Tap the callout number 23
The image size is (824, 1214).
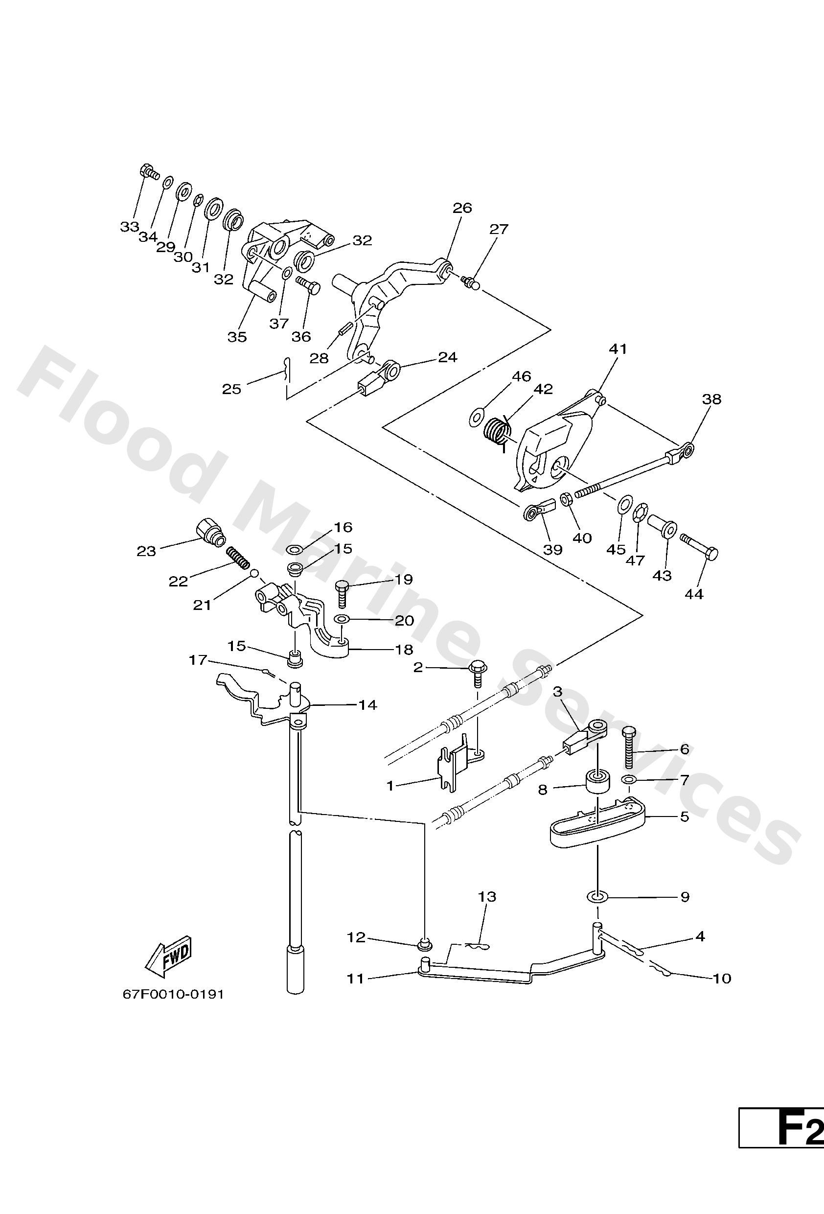click(x=146, y=551)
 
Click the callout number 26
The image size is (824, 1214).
click(x=462, y=208)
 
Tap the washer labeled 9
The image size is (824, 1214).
click(x=597, y=896)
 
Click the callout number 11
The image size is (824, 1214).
click(x=356, y=979)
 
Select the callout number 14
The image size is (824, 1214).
click(x=367, y=705)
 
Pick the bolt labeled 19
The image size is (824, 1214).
click(x=342, y=592)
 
